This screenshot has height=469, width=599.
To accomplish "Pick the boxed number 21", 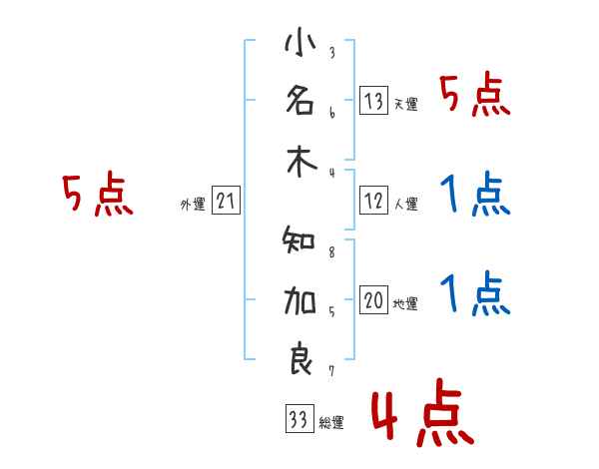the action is click(x=226, y=203).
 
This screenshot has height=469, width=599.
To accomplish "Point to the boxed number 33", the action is click(x=298, y=420).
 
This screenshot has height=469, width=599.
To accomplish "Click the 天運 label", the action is click(x=405, y=105).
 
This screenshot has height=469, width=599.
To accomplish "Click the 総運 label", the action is click(x=331, y=423).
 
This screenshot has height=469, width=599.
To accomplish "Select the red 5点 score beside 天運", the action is click(x=475, y=97).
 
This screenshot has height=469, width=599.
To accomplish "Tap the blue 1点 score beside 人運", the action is click(x=475, y=195).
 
